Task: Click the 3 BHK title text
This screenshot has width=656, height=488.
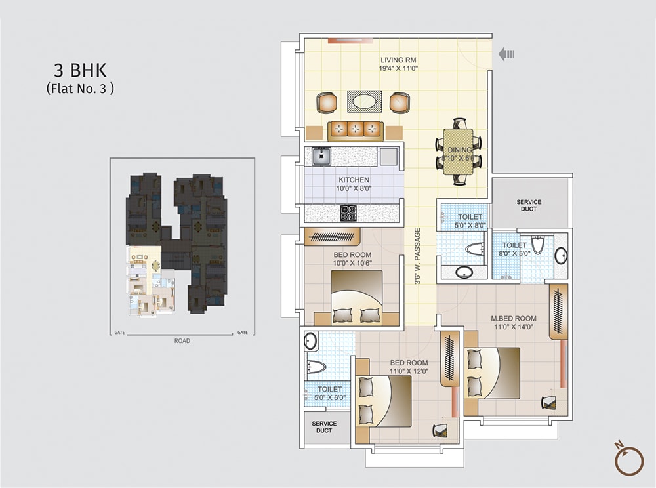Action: coord(79,71)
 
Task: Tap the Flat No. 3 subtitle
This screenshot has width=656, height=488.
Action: coord(80,89)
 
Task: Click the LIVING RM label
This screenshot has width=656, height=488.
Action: coord(398,64)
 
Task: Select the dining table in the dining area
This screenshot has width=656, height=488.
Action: coord(458,151)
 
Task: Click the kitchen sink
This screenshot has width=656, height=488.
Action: coord(321,156)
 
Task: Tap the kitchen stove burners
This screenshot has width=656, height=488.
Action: coord(348,213)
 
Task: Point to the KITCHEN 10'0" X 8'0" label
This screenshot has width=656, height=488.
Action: coord(354,184)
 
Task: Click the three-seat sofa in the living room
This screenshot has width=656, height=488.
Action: coord(355,129)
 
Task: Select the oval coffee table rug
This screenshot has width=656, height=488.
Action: coord(364,102)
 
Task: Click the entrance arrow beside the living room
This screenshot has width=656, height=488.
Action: coord(506,54)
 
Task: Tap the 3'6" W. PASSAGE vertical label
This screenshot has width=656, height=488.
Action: coord(417,256)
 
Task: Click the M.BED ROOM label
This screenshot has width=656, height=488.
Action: coord(514,322)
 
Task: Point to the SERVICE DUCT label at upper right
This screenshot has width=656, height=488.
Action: coord(528,205)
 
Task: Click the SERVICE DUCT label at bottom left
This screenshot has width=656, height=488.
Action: coord(324,427)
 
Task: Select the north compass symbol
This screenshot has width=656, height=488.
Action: coord(628,458)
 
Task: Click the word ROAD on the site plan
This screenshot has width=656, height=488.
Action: coord(182,341)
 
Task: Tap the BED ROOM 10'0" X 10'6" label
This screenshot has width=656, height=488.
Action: coord(353,258)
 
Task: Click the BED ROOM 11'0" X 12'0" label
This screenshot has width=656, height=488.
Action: coord(409,367)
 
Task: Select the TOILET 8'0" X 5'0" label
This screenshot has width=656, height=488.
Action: coord(515,249)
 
